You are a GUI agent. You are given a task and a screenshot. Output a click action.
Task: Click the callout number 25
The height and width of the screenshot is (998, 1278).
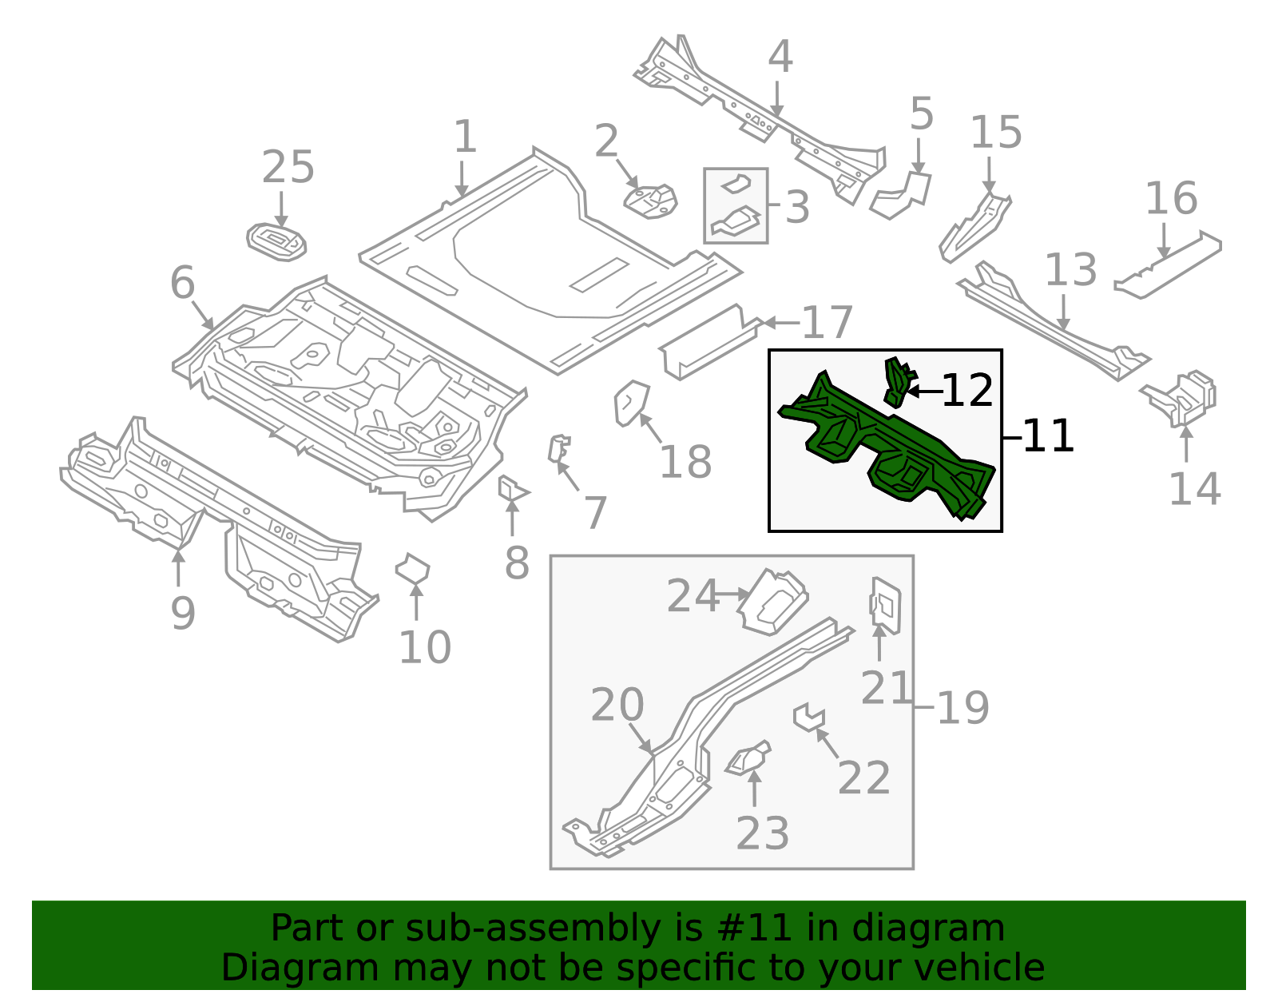click(288, 168)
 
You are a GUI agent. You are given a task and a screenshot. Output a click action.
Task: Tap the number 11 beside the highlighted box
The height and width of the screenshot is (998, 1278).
click(1048, 436)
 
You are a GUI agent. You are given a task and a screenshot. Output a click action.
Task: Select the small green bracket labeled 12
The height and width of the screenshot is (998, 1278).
click(897, 380)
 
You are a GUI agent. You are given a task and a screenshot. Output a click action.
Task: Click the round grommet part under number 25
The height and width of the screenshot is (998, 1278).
click(277, 241)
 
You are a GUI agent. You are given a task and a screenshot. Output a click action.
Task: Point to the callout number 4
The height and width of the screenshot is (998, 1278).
click(780, 58)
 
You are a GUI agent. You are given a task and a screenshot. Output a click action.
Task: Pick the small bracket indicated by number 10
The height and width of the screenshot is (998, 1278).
click(412, 569)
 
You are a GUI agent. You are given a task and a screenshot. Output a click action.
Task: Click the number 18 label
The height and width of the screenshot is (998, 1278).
click(685, 462)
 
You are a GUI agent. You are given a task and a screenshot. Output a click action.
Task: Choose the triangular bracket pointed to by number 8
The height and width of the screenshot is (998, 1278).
click(510, 487)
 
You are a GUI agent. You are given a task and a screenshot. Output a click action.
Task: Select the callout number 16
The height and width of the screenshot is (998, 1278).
click(1171, 198)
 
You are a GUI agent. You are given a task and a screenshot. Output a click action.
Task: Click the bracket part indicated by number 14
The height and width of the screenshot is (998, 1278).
click(1186, 397)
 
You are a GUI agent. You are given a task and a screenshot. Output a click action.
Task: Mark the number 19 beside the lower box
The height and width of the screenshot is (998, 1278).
click(962, 707)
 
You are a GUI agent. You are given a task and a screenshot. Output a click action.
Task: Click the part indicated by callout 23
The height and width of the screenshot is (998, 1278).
click(749, 759)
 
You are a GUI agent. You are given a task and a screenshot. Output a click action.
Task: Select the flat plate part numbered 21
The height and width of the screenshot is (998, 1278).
click(885, 605)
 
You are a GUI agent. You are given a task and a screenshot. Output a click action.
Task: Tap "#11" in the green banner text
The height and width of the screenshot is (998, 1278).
click(754, 928)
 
